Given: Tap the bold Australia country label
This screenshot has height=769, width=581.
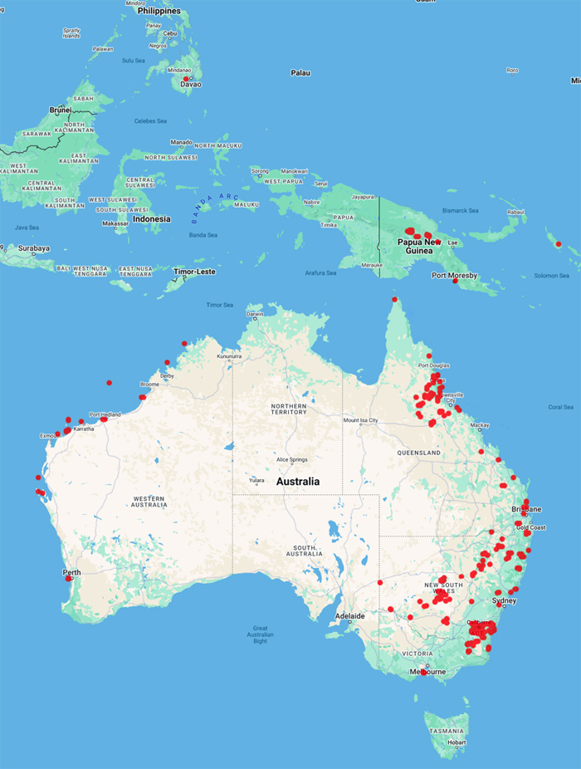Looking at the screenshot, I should point(299,482).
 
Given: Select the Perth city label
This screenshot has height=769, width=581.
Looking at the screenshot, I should point(72,572).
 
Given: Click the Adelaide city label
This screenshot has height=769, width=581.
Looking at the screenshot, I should point(349,616).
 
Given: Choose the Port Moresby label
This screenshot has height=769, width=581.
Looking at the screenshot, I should point(454,275).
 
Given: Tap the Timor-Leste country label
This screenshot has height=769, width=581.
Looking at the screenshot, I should point(195,272).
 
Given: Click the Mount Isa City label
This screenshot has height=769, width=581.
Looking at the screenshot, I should point(361,420).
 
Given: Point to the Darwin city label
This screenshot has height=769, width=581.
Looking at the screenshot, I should point(255,314).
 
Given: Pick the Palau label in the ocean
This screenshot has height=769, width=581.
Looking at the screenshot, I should point(300,73).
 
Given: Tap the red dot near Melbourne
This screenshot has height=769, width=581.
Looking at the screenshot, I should point(423,673).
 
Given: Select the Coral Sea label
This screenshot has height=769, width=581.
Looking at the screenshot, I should point(560,407).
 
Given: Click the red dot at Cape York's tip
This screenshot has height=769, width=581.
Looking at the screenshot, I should point(395,299).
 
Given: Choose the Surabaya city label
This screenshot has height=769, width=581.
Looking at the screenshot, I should point(29,247).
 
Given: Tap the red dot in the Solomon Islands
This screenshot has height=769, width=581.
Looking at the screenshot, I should point(559,244).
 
